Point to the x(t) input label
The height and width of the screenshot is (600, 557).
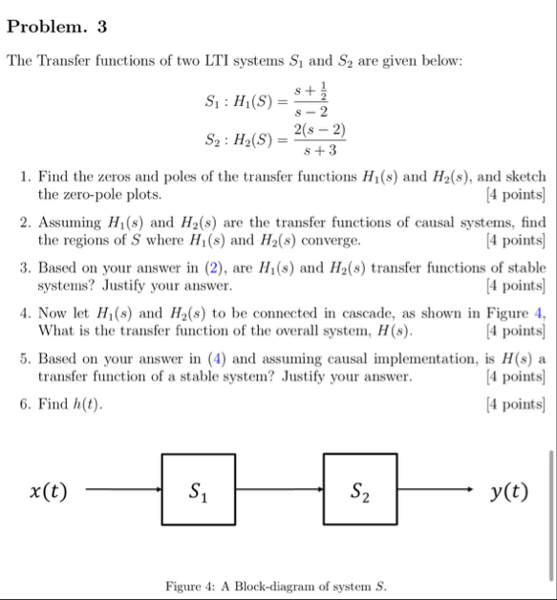48,492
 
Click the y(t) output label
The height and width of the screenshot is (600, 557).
508,492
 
